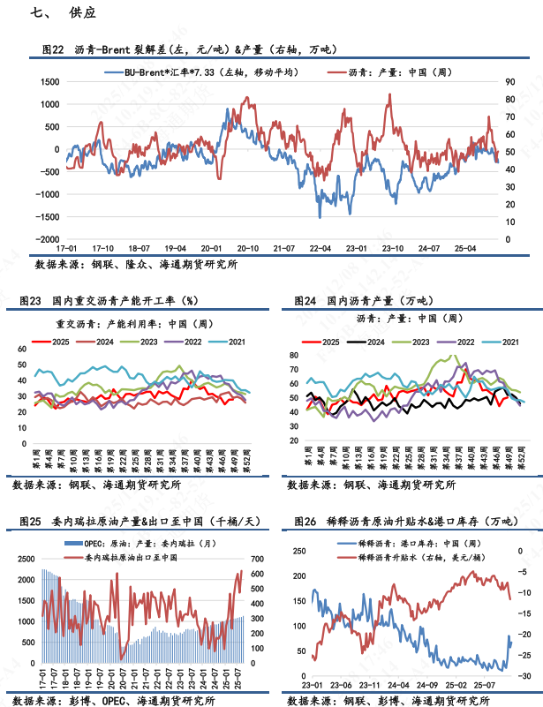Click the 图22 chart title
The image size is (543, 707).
click(189, 49)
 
